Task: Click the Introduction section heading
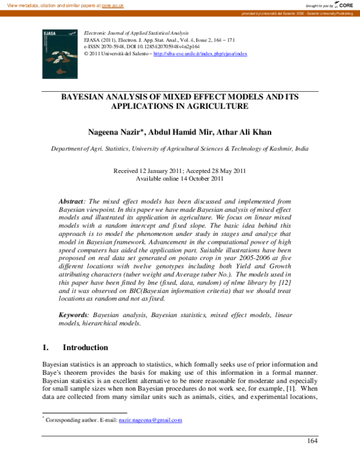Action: pyautogui.click(x=86, y=348)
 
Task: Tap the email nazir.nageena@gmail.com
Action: pyautogui.click(x=150, y=420)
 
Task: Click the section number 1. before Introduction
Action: pyautogui.click(x=45, y=348)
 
